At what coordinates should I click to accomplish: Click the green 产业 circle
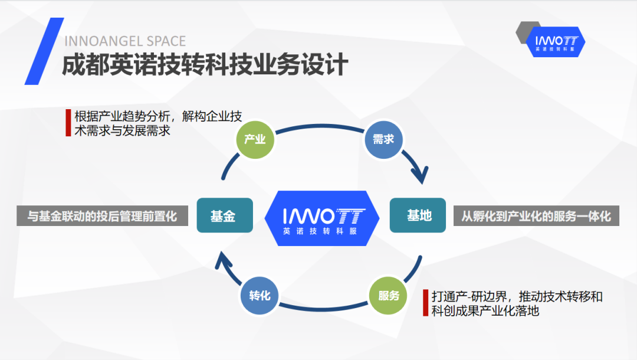[255, 140]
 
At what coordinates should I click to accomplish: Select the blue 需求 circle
[383, 139]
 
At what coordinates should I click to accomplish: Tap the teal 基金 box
[225, 215]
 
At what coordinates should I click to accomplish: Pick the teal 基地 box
[418, 215]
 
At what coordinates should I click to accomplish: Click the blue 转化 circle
[260, 296]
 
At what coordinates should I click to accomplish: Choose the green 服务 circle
[388, 296]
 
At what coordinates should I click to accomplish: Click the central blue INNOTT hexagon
[322, 218]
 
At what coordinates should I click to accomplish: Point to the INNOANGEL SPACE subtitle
[125, 41]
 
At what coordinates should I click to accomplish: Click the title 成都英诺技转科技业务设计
[205, 64]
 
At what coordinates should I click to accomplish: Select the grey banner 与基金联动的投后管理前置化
[103, 216]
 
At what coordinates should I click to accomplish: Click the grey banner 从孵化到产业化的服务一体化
[536, 216]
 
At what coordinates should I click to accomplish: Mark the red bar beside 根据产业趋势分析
[68, 123]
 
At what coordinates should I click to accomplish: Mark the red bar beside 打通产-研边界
[425, 303]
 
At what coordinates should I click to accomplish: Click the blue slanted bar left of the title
[44, 51]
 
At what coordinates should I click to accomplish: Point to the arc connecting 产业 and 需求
[320, 126]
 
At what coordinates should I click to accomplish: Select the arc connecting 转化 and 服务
[324, 309]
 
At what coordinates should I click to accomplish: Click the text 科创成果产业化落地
[485, 311]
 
